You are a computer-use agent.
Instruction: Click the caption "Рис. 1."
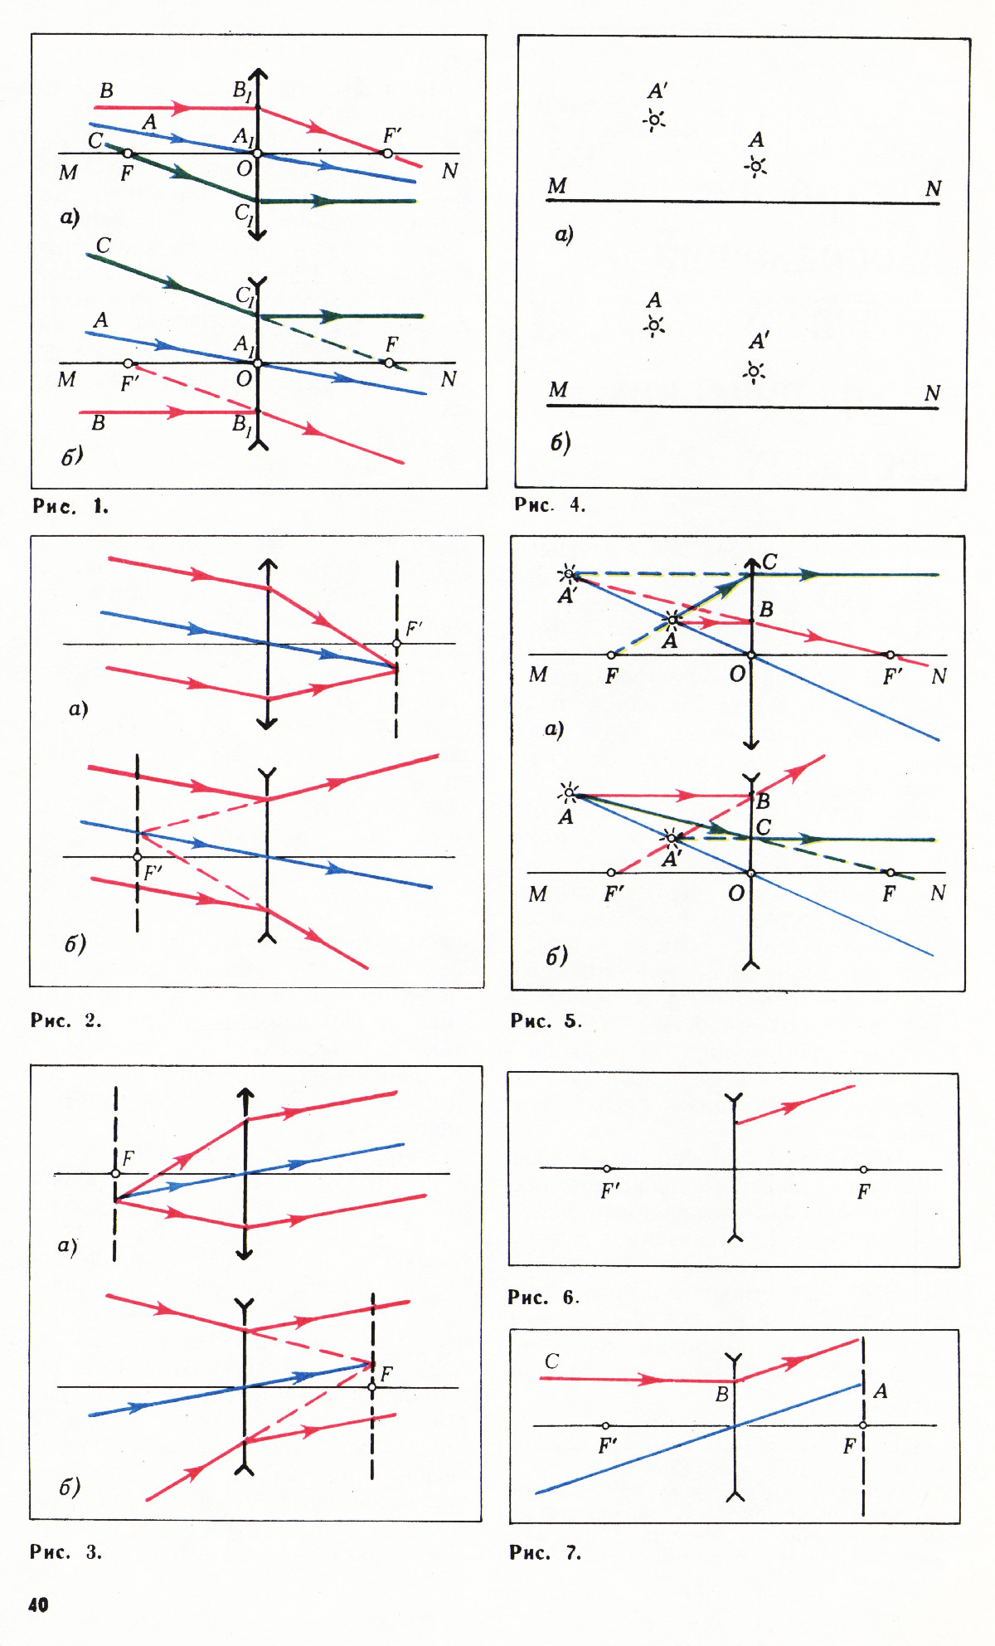point(70,506)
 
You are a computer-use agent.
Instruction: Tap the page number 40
point(38,1605)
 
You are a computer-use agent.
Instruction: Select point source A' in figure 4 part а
point(654,121)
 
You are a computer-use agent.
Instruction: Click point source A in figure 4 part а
point(755,167)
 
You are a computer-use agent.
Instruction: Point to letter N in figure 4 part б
point(932,392)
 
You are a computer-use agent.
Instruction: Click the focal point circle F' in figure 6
point(607,1169)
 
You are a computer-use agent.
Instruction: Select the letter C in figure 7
point(551,1361)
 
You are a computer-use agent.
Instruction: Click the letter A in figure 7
point(881,1391)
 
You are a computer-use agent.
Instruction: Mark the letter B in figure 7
point(722,1395)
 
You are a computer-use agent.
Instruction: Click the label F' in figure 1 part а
point(392,135)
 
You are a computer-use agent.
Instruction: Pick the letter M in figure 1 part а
point(68,173)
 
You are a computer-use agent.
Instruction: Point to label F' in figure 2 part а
point(414,629)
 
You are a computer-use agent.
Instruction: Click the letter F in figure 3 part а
point(129,1158)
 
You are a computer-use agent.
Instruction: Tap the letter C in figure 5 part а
point(770,562)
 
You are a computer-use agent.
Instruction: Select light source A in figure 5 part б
point(569,794)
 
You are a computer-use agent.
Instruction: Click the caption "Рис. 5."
point(546,1021)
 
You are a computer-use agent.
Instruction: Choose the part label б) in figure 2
point(75,944)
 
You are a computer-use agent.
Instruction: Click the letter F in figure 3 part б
point(386,1375)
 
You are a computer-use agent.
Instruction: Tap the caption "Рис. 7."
point(545,1552)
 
